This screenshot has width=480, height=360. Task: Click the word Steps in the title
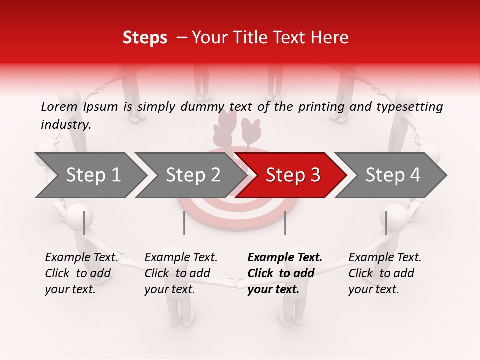click(x=145, y=38)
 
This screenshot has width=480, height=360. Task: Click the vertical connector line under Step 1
click(x=84, y=223)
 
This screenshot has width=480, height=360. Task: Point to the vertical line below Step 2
click(x=184, y=223)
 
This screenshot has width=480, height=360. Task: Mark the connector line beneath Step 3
click(x=285, y=223)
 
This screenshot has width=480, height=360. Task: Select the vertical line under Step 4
click(x=386, y=223)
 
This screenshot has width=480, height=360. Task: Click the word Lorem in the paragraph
click(x=59, y=107)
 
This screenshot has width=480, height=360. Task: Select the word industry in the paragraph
click(x=66, y=125)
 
